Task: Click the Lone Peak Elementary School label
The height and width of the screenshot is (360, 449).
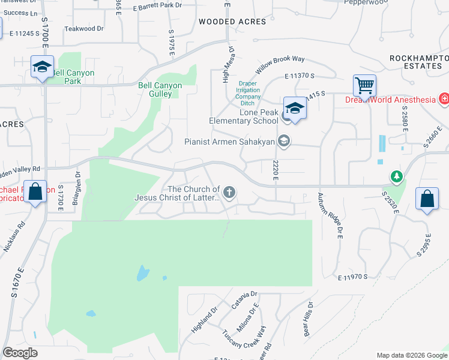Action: [243, 116]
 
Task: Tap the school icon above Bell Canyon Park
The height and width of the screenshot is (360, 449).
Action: [43, 67]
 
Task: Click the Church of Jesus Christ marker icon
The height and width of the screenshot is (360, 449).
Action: [228, 193]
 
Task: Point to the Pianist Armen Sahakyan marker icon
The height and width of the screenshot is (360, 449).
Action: [284, 142]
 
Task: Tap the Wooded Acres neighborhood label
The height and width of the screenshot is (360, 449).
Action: [232, 22]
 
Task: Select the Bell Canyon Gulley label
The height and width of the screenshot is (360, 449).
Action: [160, 90]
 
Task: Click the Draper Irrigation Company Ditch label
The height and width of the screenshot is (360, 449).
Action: [248, 93]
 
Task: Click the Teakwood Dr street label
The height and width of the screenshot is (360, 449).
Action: [84, 28]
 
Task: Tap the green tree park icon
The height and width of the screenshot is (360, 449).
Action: [396, 176]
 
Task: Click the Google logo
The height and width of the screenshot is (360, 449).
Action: [20, 353]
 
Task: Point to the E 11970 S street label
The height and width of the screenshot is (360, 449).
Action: [352, 277]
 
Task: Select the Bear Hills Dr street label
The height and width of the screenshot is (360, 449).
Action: [308, 319]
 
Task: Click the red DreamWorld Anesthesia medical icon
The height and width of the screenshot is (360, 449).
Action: [444, 98]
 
